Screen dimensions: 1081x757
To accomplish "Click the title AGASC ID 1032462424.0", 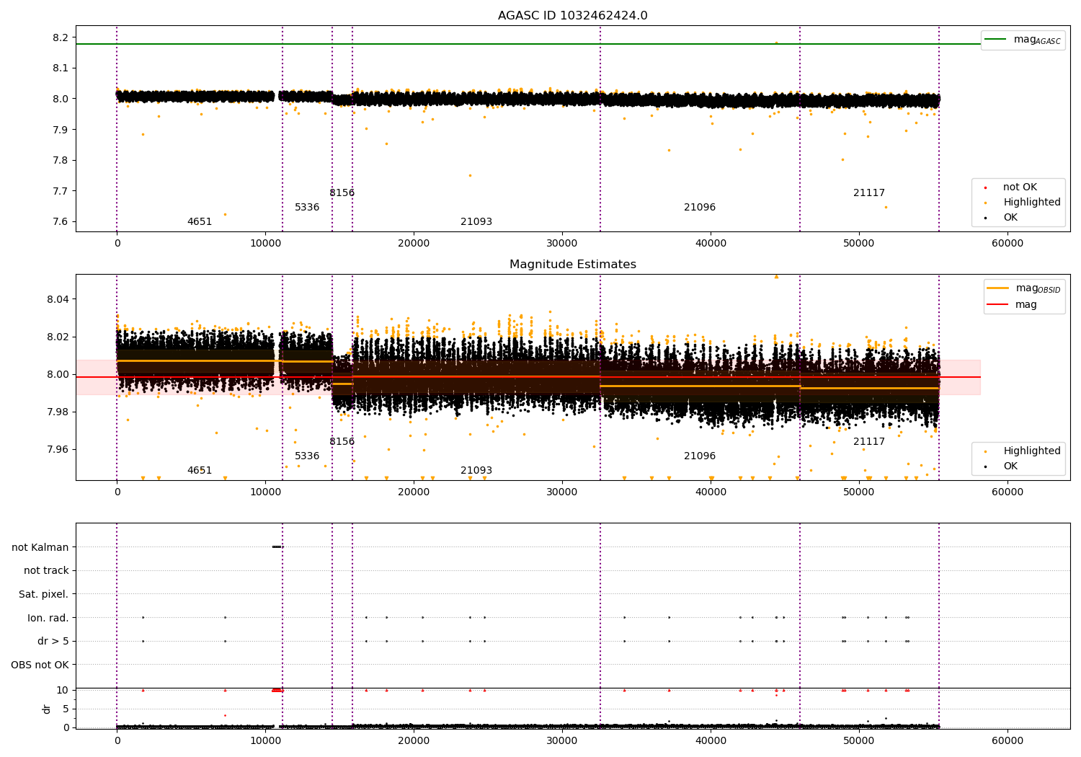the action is coord(572,15).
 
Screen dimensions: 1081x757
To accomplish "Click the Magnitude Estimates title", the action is coord(572,264).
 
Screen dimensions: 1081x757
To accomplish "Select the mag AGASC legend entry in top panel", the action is coord(1023,40).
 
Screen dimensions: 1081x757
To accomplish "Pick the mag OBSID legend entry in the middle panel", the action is coord(1023,288).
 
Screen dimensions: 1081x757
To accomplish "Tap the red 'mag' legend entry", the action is coord(1012,304).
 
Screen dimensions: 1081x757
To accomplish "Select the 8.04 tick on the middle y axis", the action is coord(58,299).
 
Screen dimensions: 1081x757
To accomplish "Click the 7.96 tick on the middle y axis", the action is coord(58,449).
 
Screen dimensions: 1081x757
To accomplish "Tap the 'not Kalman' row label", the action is coord(40,547).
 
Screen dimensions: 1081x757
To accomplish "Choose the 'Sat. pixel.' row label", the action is coord(43,594).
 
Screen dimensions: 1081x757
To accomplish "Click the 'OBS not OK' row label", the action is coord(40,665).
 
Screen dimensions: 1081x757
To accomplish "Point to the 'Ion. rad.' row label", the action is coord(48,617).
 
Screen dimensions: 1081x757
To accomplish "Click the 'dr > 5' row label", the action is coord(53,641).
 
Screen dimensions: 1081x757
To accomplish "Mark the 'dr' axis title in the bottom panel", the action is coord(46,709).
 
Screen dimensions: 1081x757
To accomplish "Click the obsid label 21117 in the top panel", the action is coord(868,192).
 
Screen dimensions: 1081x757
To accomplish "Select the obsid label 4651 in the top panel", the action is coord(200,221).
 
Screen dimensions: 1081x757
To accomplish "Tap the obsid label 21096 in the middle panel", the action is coord(699,456).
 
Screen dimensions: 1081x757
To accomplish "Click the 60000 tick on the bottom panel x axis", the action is coord(1007,740).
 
